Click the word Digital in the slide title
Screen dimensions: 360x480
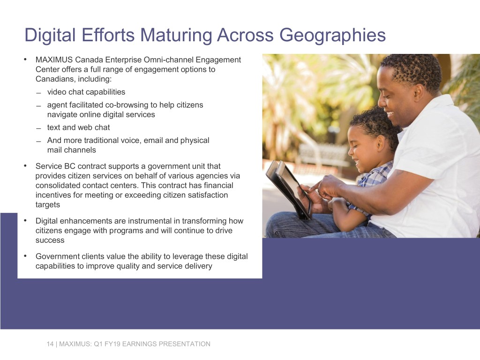tap(52, 35)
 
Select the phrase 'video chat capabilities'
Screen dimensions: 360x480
tap(86, 92)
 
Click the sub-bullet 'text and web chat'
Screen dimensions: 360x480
tap(78, 127)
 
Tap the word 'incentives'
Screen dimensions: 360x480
tap(52, 195)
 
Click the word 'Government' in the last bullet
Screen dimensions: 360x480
tap(57, 256)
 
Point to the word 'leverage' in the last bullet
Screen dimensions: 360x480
tap(176, 256)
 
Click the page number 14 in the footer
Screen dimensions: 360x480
tap(50, 344)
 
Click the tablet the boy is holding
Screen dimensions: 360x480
tap(289, 187)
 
